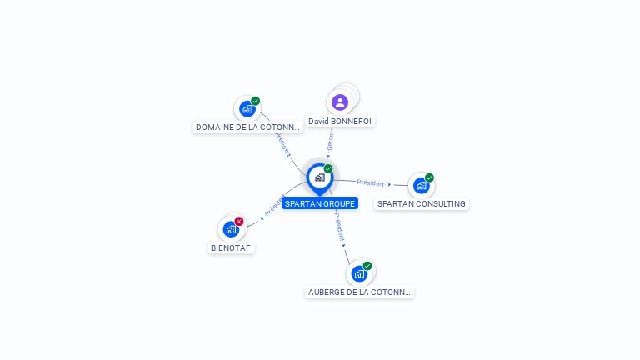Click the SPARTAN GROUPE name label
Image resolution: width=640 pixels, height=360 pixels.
click(320, 203)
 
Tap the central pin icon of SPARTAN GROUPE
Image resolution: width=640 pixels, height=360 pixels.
click(319, 177)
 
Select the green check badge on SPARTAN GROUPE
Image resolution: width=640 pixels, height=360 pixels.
click(328, 168)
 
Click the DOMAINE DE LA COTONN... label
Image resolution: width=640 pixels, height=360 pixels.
click(247, 127)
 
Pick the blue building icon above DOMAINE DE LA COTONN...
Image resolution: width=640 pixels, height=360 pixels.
click(247, 109)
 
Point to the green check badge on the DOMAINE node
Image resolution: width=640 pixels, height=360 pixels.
click(255, 101)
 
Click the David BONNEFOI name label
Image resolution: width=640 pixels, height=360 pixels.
click(340, 121)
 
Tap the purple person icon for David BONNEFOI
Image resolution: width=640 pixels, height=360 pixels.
click(340, 102)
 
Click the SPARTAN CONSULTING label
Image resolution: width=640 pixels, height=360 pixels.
click(422, 203)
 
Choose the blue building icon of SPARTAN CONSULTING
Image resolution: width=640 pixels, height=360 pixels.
click(421, 185)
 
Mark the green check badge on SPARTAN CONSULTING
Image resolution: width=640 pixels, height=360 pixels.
click(429, 177)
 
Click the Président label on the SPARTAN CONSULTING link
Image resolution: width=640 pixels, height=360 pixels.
click(370, 182)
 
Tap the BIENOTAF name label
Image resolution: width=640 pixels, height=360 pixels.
click(231, 247)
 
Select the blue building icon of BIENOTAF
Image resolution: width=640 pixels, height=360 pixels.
click(231, 229)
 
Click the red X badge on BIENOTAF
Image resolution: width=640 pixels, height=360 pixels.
click(239, 221)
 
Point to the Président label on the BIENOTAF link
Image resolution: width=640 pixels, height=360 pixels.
click(273, 207)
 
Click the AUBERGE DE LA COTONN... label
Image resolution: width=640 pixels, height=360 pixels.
click(359, 292)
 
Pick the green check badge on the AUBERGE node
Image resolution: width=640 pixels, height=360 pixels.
click(367, 266)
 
